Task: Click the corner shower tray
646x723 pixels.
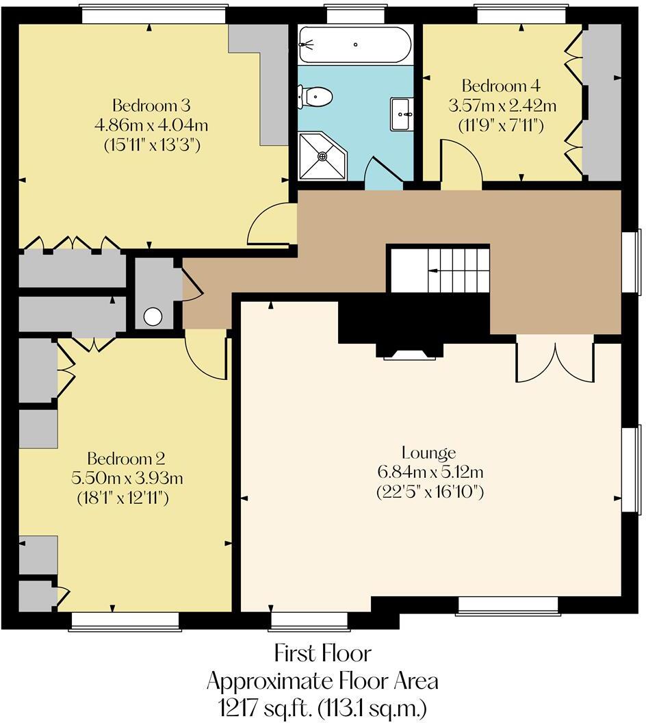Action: (x=322, y=156)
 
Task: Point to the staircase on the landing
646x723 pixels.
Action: (x=439, y=270)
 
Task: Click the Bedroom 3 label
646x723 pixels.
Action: (x=151, y=106)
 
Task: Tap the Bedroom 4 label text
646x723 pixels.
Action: (x=502, y=86)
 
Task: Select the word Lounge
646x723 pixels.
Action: (x=429, y=453)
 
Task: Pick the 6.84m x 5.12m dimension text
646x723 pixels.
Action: (x=429, y=472)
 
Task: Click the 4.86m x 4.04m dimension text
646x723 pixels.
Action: (x=151, y=125)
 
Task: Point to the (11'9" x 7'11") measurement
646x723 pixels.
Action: (x=502, y=125)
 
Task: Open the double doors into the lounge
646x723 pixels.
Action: (x=555, y=359)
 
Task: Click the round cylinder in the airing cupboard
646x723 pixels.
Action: (x=153, y=316)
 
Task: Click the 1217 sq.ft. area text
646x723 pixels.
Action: (x=322, y=706)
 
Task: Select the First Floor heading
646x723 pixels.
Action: (x=322, y=653)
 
